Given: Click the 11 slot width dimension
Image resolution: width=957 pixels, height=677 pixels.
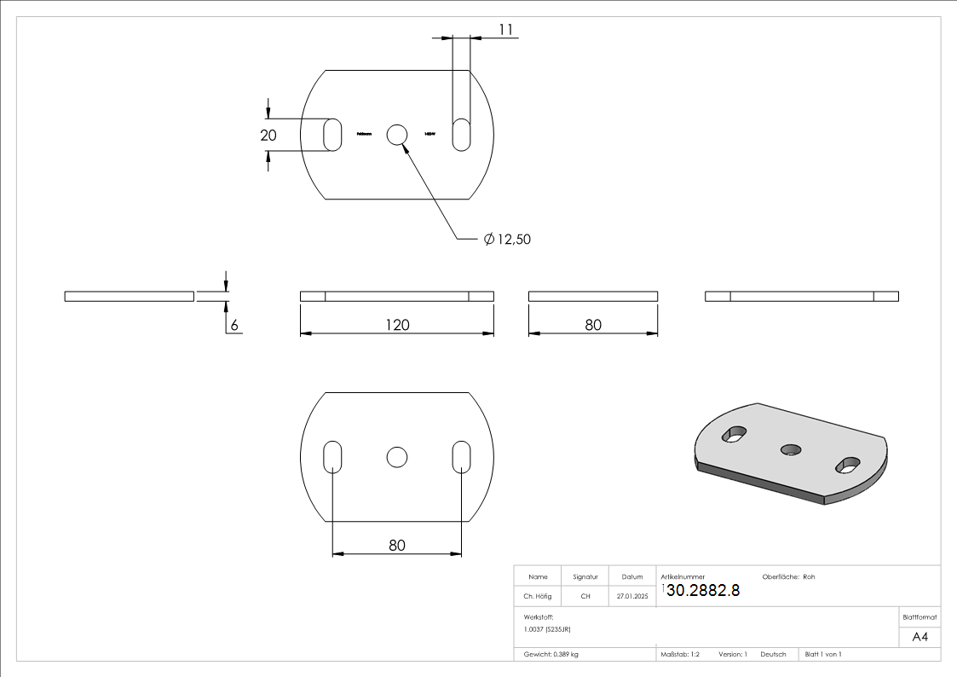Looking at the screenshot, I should (x=505, y=30).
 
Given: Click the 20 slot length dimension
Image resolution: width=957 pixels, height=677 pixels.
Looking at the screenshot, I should (x=269, y=135).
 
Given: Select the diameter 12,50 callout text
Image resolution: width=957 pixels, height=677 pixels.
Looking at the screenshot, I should (x=507, y=240).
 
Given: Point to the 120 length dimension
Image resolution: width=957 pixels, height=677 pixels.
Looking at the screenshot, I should (x=397, y=325).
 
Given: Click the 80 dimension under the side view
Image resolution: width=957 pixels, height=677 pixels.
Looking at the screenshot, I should (x=593, y=325).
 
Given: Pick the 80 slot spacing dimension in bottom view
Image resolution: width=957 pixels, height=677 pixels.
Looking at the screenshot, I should (x=397, y=545).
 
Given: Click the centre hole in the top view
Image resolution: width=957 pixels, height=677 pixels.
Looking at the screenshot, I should (x=397, y=135).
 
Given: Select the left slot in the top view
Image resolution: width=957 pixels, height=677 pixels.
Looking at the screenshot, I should (x=332, y=135).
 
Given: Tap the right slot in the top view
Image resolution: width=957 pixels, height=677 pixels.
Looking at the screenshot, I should (x=461, y=135).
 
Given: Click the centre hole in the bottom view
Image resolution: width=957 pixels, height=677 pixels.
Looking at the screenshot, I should (x=396, y=457).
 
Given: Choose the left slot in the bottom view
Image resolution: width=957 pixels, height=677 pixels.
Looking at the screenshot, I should (x=332, y=457).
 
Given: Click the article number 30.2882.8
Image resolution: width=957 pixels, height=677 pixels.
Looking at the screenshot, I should (x=702, y=591).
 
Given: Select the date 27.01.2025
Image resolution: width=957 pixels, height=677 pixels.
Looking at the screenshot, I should (x=631, y=596).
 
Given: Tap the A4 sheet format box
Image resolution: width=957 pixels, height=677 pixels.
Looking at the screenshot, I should (x=920, y=637).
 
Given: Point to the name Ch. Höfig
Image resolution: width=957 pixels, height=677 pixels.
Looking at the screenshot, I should (x=537, y=596).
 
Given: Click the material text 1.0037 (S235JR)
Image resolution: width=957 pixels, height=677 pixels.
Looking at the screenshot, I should (x=547, y=628).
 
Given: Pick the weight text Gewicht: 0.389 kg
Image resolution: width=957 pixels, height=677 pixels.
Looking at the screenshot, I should (x=551, y=654).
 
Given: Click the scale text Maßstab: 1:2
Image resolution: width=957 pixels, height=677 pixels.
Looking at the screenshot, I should (x=680, y=654).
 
